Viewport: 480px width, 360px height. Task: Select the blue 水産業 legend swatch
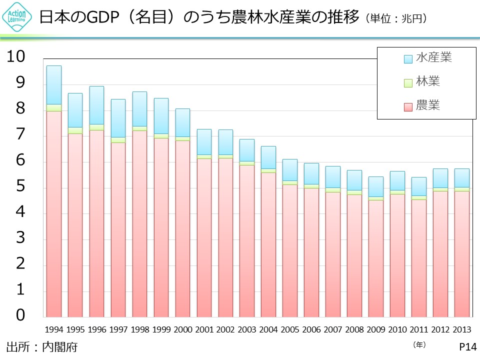[408, 58]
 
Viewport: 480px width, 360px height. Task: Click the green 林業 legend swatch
[408, 82]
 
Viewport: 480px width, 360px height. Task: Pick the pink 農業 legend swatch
[408, 106]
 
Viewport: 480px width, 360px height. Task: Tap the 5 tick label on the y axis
[20, 186]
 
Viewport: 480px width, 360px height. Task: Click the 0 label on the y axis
[20, 315]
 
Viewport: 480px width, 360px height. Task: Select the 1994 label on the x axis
[53, 330]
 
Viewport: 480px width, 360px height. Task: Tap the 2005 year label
[289, 330]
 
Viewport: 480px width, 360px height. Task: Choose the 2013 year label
[461, 330]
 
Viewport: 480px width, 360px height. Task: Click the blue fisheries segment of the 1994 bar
[53, 85]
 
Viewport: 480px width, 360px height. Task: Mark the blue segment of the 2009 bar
[375, 186]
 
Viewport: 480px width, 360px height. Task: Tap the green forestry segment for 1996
[96, 127]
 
